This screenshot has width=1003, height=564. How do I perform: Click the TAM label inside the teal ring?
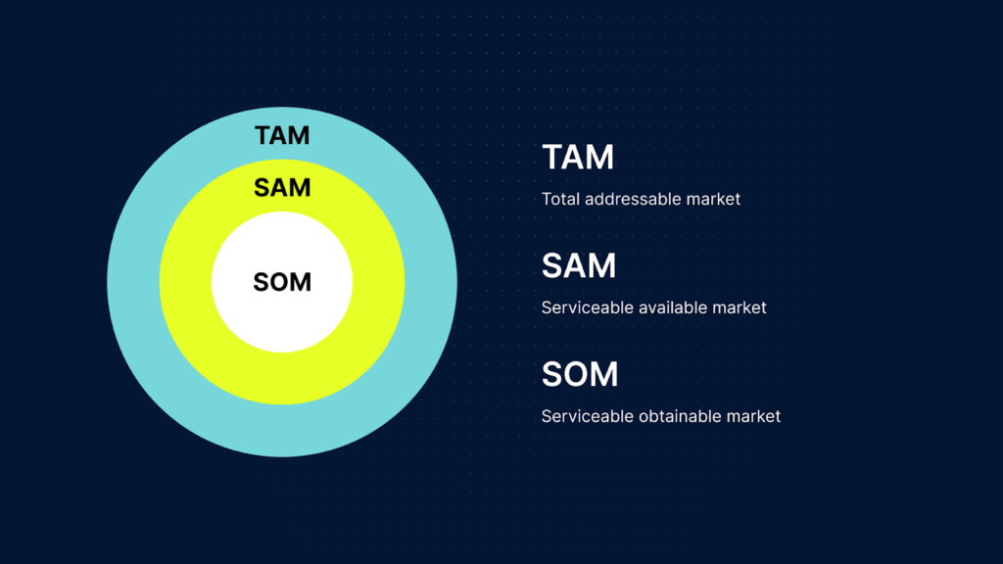282,135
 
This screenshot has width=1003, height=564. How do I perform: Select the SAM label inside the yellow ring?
282,187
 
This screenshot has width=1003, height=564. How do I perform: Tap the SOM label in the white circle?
282,282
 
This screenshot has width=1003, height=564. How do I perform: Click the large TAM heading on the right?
578,158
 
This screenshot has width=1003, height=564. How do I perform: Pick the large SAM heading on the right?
579,266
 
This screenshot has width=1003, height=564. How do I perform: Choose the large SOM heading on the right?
580,375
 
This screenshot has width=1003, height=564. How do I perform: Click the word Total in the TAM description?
560,199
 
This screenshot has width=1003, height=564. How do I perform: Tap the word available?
675,307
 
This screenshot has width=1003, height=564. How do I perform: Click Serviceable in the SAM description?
588,307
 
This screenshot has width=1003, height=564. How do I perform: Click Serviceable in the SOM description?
588,416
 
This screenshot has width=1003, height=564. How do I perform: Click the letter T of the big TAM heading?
552,158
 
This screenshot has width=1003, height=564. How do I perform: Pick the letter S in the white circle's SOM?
262,282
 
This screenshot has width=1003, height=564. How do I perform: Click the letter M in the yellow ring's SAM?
299,187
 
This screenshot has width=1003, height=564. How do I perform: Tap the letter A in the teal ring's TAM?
281,135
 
